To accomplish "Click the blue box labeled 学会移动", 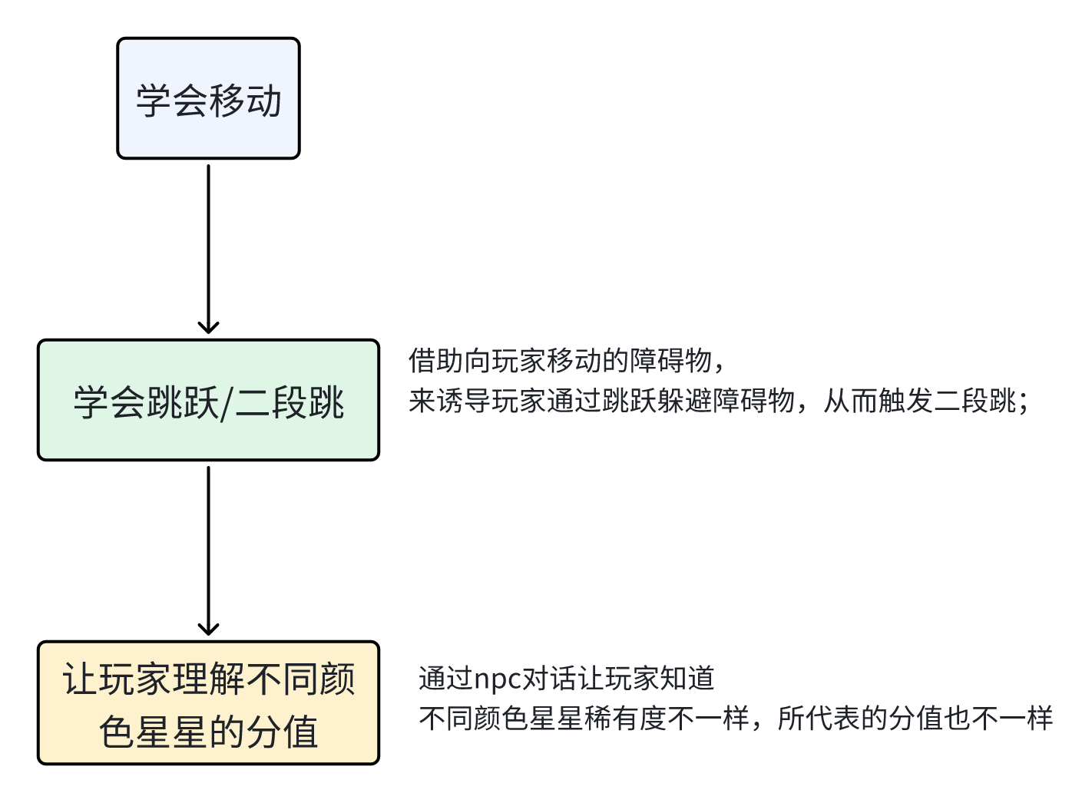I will tap(208, 98).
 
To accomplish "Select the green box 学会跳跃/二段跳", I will tap(208, 400).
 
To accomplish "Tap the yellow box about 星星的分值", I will tap(208, 703).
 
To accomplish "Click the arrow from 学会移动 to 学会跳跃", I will tap(208, 246).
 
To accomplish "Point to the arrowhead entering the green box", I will tap(208, 327).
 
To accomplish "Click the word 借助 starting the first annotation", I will tap(436, 360).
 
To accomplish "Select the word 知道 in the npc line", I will tap(687, 679).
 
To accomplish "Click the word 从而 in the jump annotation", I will tap(851, 401).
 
